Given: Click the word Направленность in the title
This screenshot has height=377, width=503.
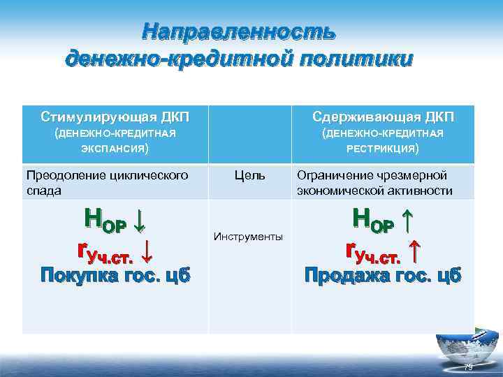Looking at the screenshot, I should [239, 31].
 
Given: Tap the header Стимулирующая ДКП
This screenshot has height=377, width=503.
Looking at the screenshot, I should [115, 115].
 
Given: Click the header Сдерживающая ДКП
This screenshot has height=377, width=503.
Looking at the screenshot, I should [383, 115].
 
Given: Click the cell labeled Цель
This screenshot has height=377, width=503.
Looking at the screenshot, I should [249, 175].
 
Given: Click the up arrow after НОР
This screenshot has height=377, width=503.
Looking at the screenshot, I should [408, 221].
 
